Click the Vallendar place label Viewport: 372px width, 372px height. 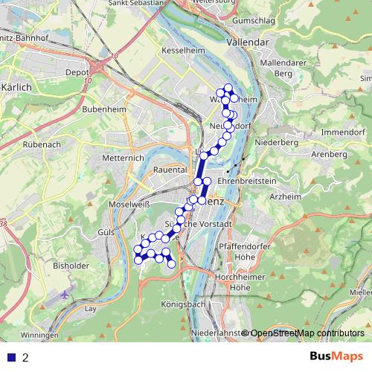tap(246, 43)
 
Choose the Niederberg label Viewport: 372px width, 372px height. tap(276, 141)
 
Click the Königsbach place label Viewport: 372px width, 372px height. tap(183, 305)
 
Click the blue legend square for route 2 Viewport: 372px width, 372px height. tap(11, 357)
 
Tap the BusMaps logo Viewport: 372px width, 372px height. tap(337, 357)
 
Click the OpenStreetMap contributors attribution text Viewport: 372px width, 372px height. tap(307, 333)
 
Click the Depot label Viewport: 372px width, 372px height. tap(77, 73)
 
